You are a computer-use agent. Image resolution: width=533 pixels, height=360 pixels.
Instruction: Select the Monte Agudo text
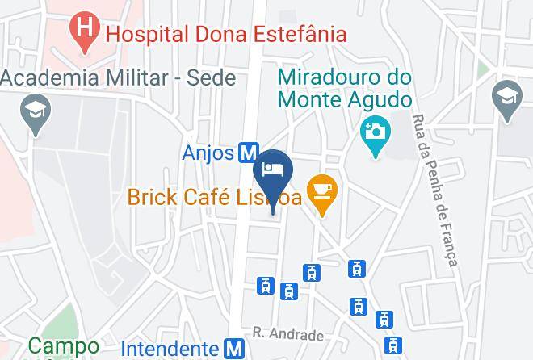tap(345, 101)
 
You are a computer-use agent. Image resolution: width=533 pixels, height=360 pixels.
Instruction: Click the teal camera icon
tap(374, 131)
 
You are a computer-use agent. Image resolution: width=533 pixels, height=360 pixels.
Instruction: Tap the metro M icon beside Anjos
tap(248, 153)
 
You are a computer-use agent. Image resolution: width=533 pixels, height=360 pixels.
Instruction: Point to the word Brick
tap(153, 196)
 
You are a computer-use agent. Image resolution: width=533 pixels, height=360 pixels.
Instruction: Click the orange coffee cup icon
tap(323, 191)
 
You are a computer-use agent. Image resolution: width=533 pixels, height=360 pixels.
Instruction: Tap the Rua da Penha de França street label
tap(435, 190)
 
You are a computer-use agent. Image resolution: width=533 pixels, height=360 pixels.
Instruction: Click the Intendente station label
tap(170, 349)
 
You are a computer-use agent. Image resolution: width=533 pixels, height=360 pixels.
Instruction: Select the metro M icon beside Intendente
tap(233, 349)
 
